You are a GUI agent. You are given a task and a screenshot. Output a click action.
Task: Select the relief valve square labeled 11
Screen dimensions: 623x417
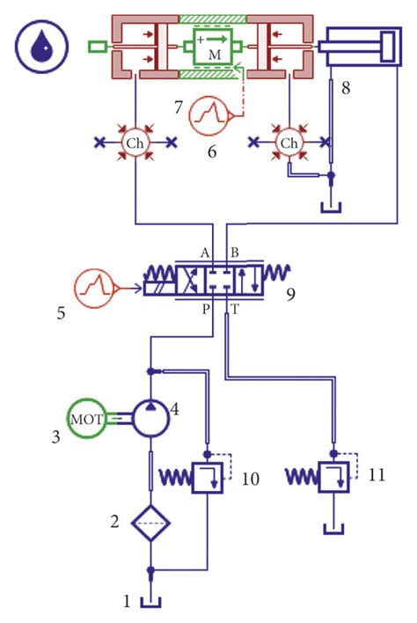click(333, 478)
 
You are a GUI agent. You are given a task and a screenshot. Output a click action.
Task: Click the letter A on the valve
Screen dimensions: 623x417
click(204, 252)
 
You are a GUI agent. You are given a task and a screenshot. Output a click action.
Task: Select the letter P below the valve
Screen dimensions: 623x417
click(204, 310)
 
